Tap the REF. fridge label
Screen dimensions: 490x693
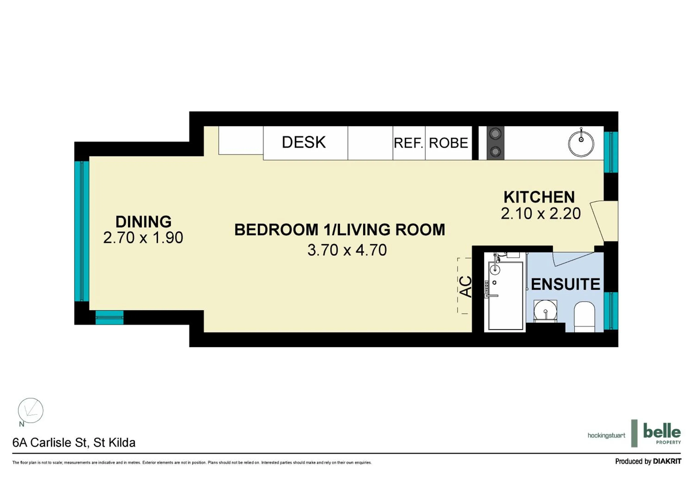408,143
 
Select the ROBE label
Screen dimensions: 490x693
448,143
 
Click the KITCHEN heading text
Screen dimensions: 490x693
539,197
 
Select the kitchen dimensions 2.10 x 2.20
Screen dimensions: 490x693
541,214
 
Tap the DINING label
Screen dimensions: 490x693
143,222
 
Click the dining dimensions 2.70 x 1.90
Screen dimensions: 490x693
143,238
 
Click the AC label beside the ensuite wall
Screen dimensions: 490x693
465,287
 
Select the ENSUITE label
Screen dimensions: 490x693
565,284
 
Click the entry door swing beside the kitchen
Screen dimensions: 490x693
601,221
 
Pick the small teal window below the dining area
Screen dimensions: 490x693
109,318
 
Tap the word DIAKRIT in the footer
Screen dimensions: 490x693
667,461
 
